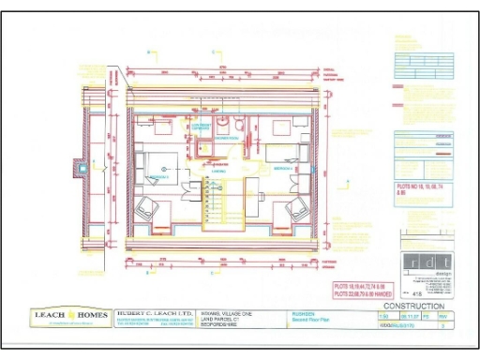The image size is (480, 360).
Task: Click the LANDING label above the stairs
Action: tap(217, 172)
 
